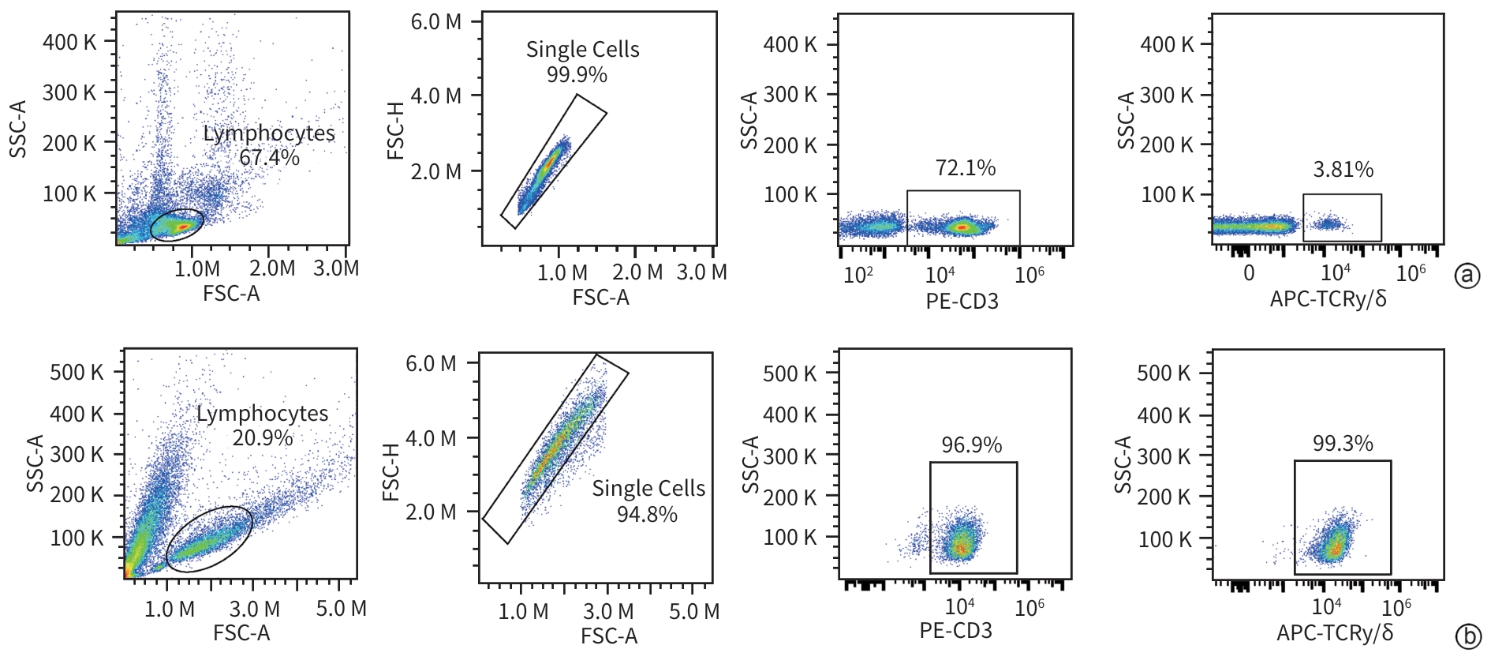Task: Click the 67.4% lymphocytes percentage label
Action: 269,158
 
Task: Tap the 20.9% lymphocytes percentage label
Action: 263,437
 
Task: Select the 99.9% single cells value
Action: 577,75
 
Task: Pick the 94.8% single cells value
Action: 647,515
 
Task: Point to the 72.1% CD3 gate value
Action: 966,168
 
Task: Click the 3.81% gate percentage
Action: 1343,170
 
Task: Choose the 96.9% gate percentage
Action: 971,445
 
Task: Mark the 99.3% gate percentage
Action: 1343,444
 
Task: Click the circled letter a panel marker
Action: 1467,275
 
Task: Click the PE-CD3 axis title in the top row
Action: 962,301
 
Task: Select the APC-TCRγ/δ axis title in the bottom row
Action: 1335,632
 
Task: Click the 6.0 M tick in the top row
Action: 435,22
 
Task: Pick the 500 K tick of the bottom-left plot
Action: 77,372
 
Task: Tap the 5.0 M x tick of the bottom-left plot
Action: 341,609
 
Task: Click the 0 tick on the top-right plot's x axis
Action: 1248,273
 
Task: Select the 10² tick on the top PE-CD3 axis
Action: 858,275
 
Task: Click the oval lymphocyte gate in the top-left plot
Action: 177,225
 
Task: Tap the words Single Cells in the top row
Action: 582,50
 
